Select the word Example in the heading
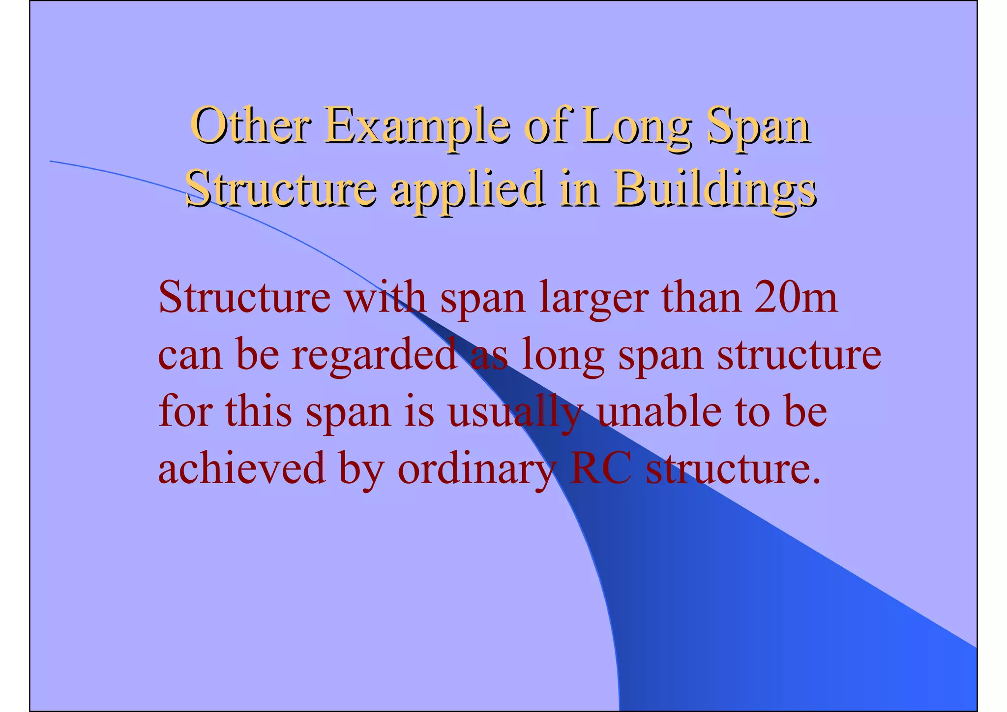tap(417, 126)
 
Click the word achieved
tap(242, 467)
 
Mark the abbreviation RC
tap(600, 467)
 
